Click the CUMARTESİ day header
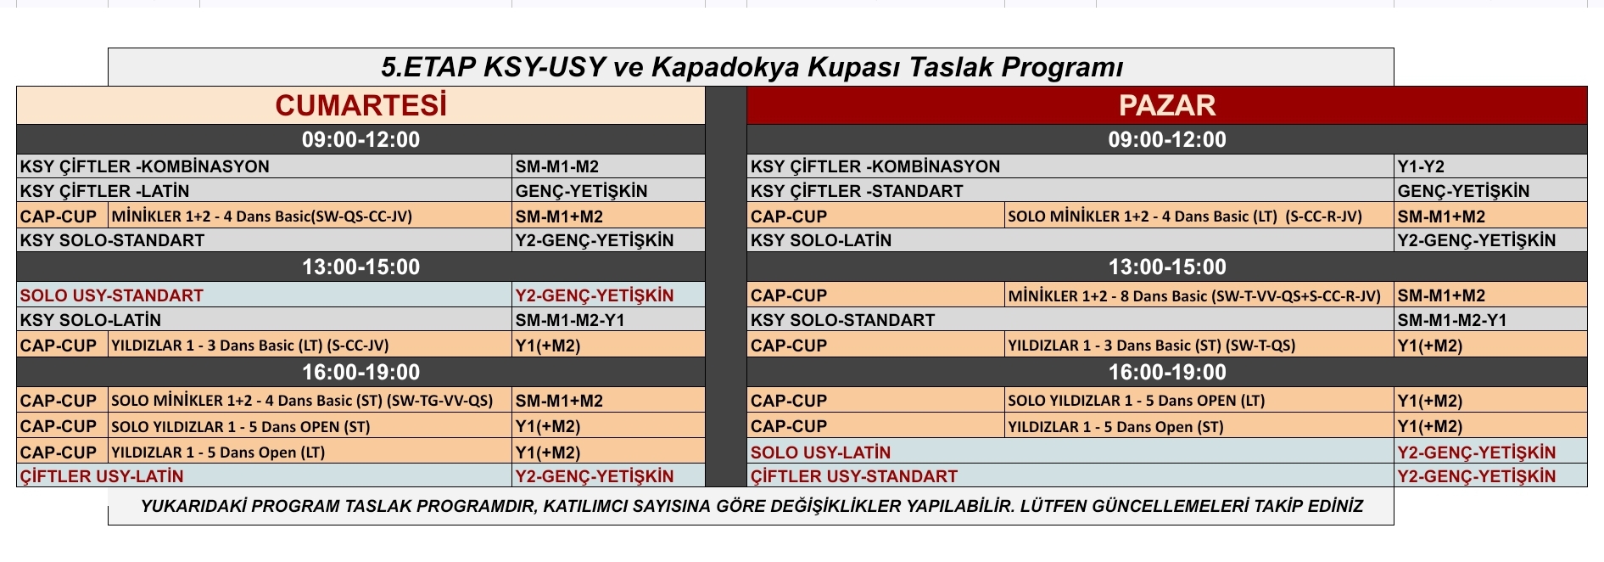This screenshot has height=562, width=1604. point(360,105)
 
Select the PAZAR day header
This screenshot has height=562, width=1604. point(1166,105)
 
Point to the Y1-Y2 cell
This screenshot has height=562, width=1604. point(1490,166)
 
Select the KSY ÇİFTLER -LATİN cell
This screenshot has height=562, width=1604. point(265,191)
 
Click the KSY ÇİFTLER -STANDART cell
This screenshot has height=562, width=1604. point(1070,191)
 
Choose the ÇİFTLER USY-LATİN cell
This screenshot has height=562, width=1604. point(265,476)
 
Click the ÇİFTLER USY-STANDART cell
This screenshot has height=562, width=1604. point(1070,476)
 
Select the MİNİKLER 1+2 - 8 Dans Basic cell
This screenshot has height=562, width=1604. point(1199,295)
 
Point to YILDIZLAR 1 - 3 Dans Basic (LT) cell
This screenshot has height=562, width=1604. point(310,346)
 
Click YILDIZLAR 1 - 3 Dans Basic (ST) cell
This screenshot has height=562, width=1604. point(1199,346)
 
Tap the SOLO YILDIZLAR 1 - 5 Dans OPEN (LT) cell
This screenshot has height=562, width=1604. point(1199,401)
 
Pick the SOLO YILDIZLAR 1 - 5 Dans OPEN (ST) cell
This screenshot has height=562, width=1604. point(310,426)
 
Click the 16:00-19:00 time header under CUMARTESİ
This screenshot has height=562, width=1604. point(360,372)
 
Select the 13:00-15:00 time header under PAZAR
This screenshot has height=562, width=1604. point(1166,267)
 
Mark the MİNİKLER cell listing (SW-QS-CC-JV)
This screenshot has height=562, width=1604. point(310,216)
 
